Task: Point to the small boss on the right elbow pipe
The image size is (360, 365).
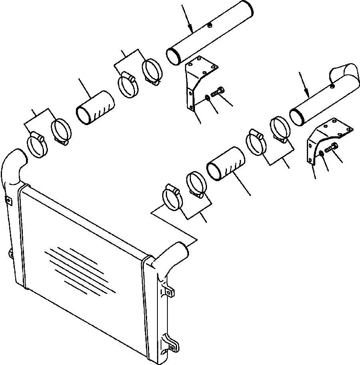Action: pos(332,85)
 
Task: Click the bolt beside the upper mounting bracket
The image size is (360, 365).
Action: pos(218,92)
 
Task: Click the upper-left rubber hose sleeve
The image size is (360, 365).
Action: pos(95,108)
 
